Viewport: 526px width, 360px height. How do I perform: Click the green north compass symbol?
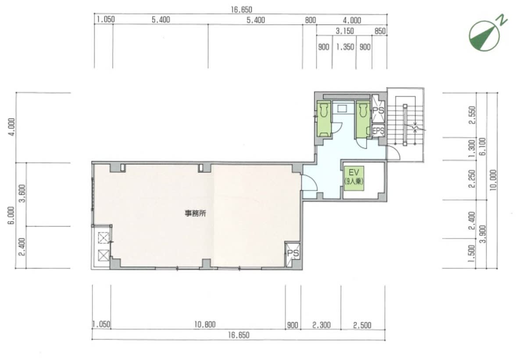484,35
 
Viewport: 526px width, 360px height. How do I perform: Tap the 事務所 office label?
195,214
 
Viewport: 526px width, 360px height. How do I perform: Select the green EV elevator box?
354,178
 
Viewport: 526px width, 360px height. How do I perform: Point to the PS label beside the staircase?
378,110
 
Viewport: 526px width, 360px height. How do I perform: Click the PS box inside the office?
292,254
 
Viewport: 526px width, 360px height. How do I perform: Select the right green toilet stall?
363,119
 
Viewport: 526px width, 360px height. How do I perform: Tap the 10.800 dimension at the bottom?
204,324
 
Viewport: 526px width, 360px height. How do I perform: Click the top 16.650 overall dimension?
241,10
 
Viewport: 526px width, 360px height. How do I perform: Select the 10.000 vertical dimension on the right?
493,180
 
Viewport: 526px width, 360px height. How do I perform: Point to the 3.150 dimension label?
345,31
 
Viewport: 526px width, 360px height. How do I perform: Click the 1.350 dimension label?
345,47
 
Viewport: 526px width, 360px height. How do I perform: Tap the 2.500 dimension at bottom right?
362,325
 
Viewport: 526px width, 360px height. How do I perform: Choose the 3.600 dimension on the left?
22,194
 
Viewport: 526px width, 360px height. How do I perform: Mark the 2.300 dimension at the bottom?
322,325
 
